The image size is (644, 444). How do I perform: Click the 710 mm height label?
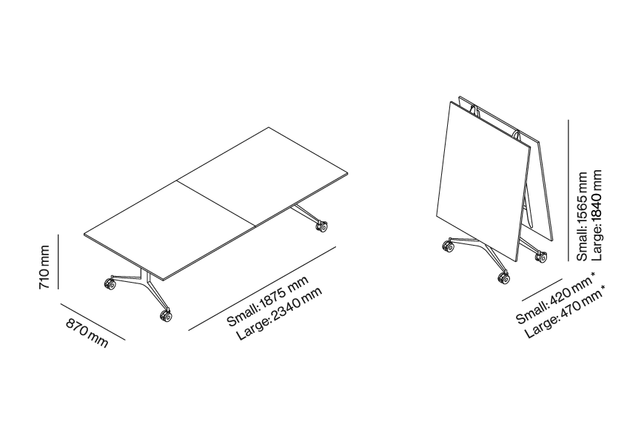pyautogui.click(x=44, y=267)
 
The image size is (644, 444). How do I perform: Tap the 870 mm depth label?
pyautogui.click(x=87, y=333)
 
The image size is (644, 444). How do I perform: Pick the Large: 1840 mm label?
pyautogui.click(x=597, y=215)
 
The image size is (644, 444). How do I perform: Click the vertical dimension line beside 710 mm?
pyautogui.click(x=58, y=262)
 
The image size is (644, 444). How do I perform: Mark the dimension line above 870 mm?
pyautogui.click(x=93, y=322)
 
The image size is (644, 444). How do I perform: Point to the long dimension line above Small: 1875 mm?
pyautogui.click(x=263, y=289)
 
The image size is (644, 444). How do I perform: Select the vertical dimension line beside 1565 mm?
pyautogui.click(x=568, y=190)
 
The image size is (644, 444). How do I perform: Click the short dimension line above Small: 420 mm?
pyautogui.click(x=542, y=290)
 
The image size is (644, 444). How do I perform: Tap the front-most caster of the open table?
pyautogui.click(x=166, y=315)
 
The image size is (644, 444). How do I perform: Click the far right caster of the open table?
pyautogui.click(x=321, y=226)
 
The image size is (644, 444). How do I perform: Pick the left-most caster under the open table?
pyautogui.click(x=110, y=284)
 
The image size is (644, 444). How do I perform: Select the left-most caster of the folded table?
pyautogui.click(x=449, y=247)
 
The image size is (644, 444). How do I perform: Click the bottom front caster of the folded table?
pyautogui.click(x=504, y=278)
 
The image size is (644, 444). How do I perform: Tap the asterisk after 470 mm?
pyautogui.click(x=604, y=288)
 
